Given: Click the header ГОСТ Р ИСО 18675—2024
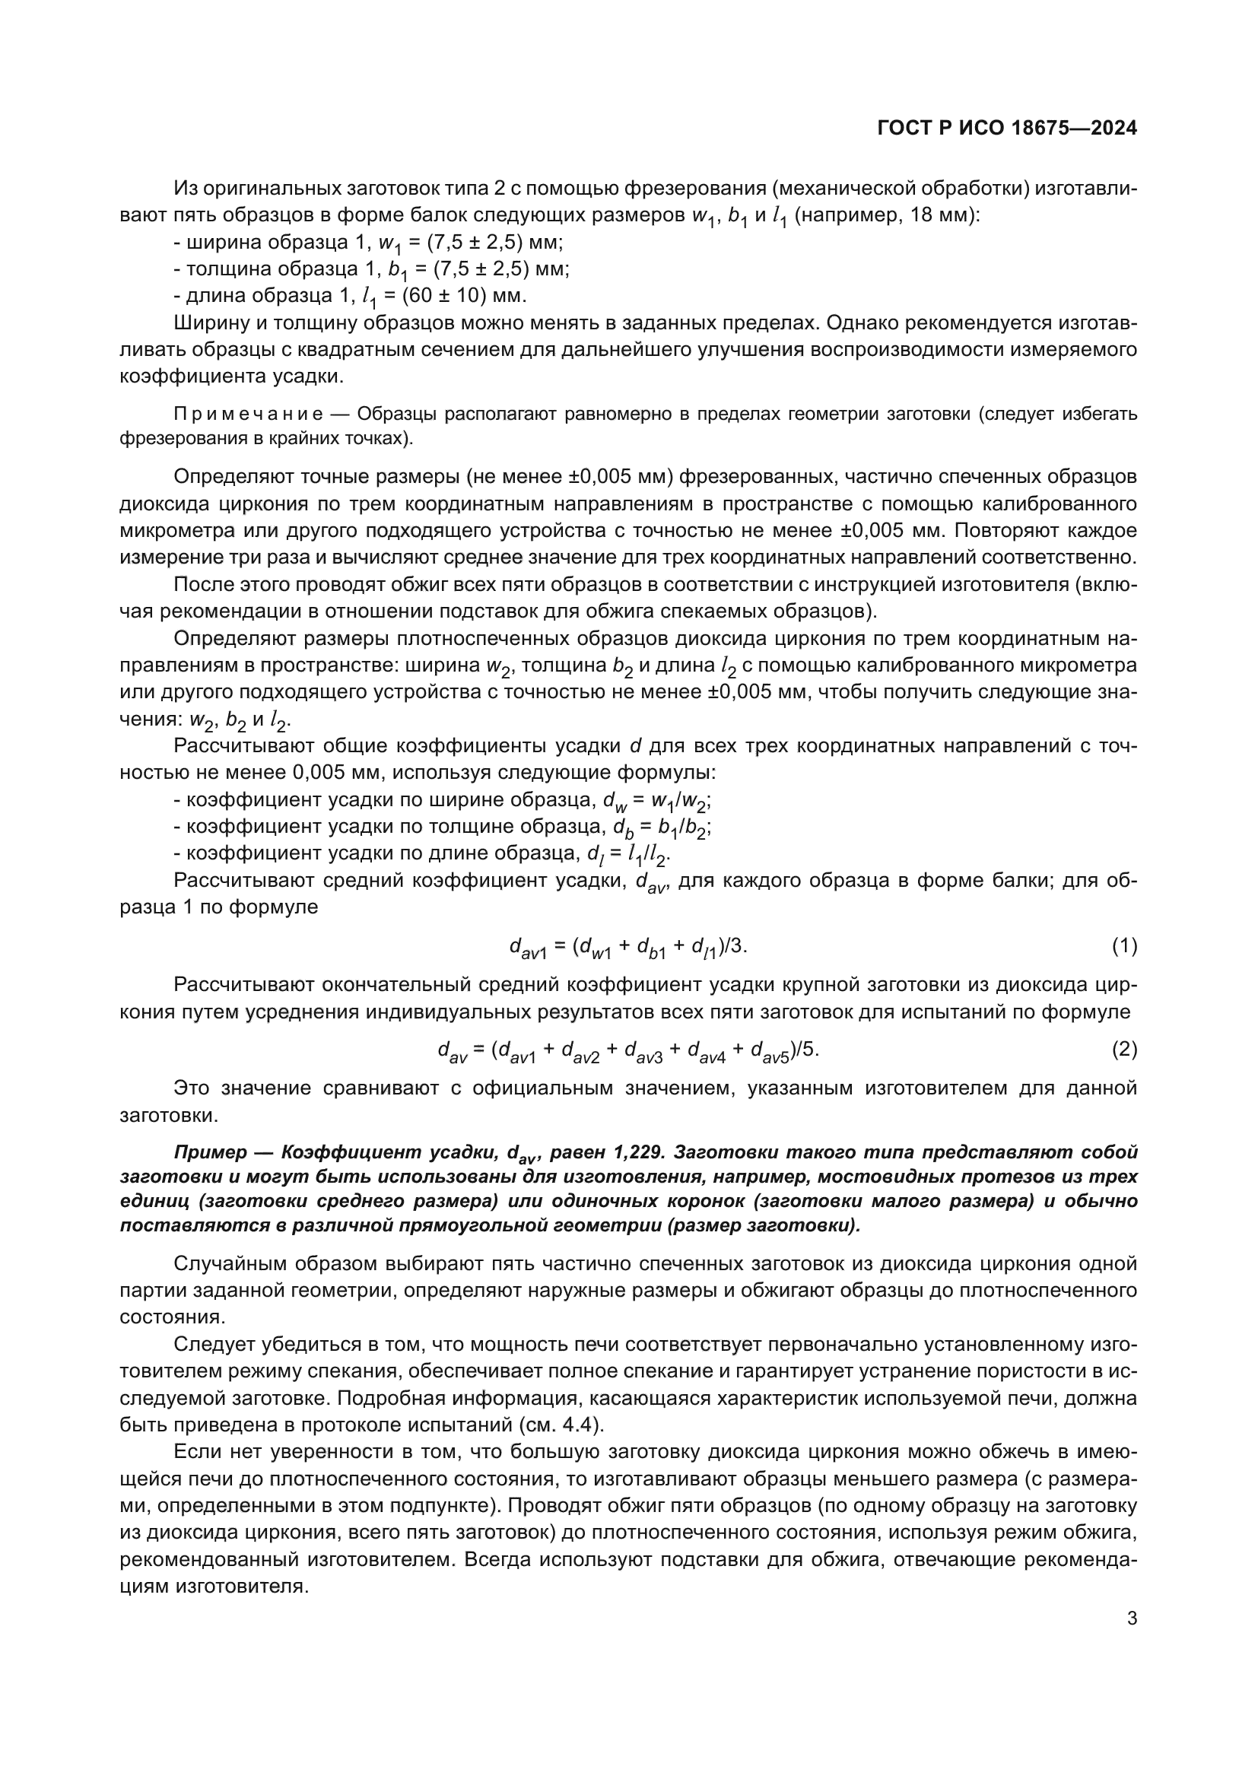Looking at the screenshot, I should pos(1006,129).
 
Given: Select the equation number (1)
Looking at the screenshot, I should pos(1124,945).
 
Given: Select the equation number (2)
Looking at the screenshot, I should pos(1124,1050).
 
